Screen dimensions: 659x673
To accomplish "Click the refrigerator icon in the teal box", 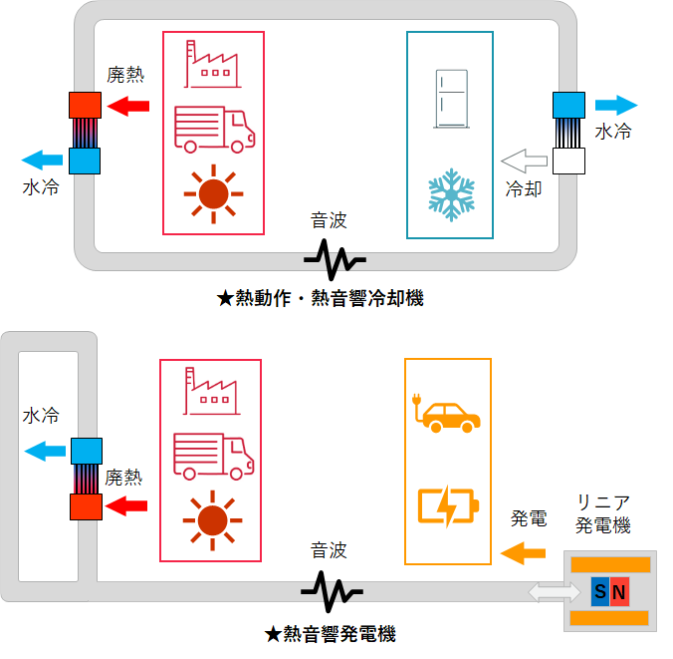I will pyautogui.click(x=450, y=99).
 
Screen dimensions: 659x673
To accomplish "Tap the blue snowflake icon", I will pyautogui.click(x=450, y=194).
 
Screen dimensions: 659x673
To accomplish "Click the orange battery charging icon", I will pyautogui.click(x=448, y=504).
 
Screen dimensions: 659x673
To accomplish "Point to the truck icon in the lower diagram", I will pyautogui.click(x=213, y=457).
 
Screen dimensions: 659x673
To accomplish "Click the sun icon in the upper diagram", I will pyautogui.click(x=213, y=194).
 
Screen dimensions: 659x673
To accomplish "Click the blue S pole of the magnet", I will pyautogui.click(x=600, y=593).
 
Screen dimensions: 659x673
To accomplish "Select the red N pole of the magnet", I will pyautogui.click(x=619, y=593).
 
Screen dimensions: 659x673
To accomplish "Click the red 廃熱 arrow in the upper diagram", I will pyautogui.click(x=128, y=105).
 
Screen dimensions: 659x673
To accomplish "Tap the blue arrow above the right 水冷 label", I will pyautogui.click(x=614, y=105).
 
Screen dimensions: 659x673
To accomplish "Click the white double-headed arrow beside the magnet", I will pyautogui.click(x=555, y=593).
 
